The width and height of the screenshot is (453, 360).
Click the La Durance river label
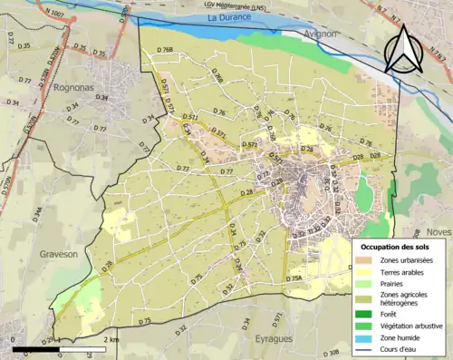coord(227,17)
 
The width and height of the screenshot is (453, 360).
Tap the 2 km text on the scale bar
coord(110,339)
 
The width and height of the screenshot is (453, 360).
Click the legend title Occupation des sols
coord(397,247)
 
